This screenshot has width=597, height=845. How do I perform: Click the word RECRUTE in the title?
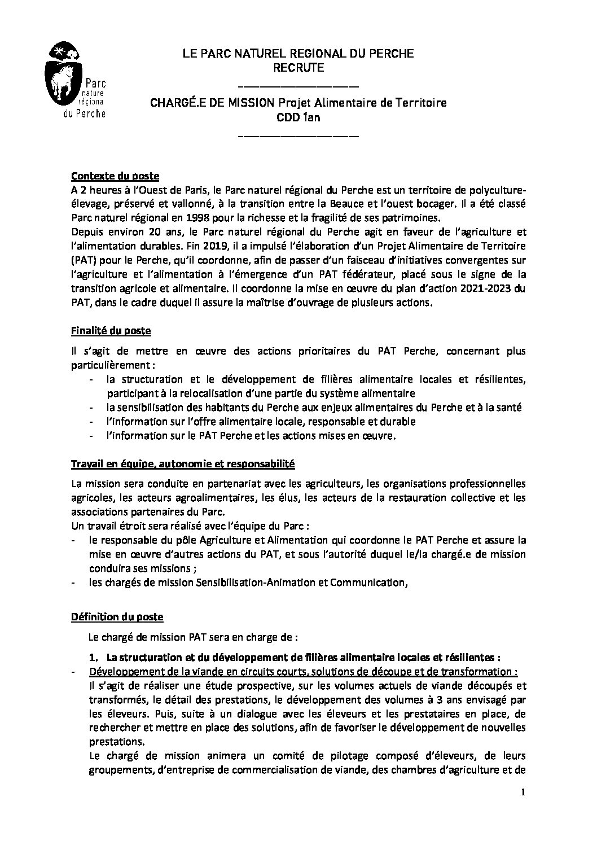click(298, 68)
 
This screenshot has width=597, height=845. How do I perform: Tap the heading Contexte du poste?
click(111, 174)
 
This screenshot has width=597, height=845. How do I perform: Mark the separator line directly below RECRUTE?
click(298, 85)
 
